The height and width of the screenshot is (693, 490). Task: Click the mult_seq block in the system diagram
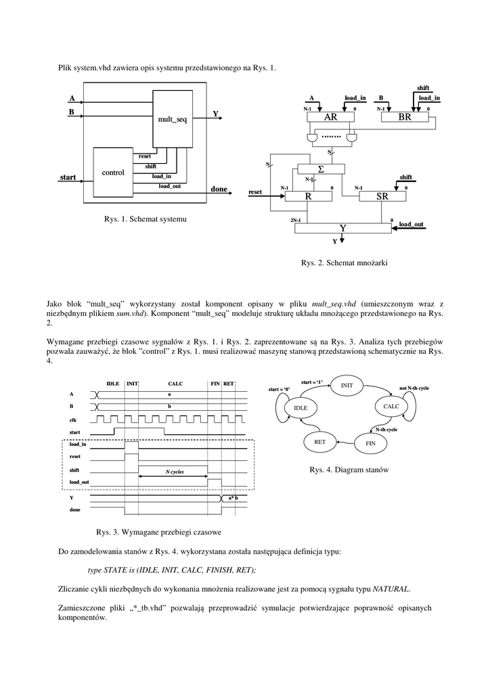point(172,119)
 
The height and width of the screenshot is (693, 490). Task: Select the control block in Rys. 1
point(113,173)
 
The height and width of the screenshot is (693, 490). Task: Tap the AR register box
point(330,118)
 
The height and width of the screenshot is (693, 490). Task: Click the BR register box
point(405,118)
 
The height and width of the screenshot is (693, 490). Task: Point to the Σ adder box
point(321,169)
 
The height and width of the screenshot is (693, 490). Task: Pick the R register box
point(308,196)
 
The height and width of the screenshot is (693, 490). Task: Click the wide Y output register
point(343,229)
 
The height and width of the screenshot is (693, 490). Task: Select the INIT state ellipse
point(347,385)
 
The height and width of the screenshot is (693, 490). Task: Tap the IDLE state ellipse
point(300,408)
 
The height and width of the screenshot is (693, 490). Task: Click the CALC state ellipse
point(392,406)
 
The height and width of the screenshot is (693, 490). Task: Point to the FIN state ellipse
point(370,443)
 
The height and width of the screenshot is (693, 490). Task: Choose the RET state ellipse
point(320,441)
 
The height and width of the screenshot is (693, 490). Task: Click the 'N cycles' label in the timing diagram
point(173,471)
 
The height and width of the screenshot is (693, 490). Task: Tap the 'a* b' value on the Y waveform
point(233,498)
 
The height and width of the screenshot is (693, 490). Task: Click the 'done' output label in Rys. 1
point(219,189)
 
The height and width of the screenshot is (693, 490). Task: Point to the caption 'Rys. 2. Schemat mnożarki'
point(344,263)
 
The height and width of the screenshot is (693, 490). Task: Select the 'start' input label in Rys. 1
point(68,177)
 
